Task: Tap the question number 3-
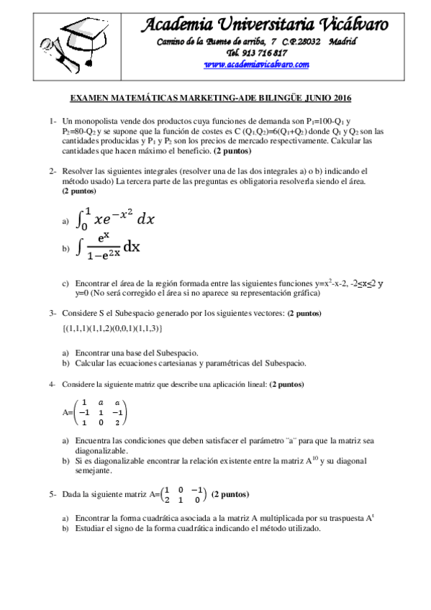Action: tap(53, 314)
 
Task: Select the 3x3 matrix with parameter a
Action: tap(101, 413)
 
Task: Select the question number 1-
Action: tap(53, 122)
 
